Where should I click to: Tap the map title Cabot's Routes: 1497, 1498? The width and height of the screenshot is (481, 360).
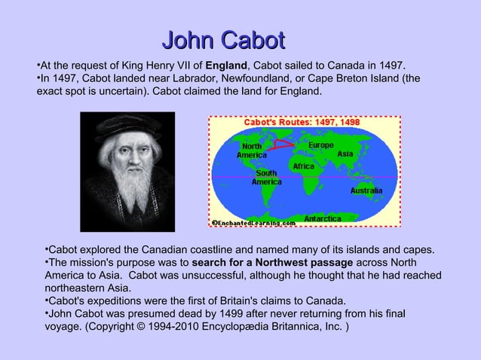[301, 122]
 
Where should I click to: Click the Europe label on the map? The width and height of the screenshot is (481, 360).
[321, 145]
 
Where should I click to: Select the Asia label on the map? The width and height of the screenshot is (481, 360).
[345, 154]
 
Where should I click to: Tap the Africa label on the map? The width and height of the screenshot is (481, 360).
[304, 166]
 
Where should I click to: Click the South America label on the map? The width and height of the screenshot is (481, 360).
[267, 177]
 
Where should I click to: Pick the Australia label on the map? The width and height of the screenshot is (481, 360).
[366, 191]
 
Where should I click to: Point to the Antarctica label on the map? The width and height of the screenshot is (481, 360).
[322, 218]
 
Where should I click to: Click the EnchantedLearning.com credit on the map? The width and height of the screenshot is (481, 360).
[253, 223]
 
